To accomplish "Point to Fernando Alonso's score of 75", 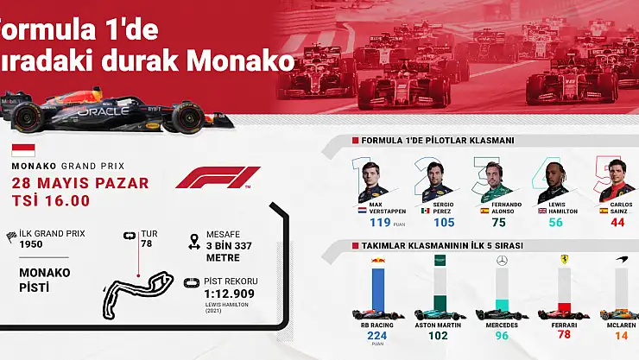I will pos(498,223).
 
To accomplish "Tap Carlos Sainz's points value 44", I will pos(617,223).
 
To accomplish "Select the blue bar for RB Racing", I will pos(377,289).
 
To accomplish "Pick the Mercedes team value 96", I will pos(501,336).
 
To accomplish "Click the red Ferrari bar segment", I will pos(564,307).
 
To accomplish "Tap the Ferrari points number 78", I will pos(565,335).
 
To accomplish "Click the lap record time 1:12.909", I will pos(231,294).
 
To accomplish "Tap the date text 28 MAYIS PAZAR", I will pos(79,183).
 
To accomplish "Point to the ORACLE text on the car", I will pos(103,111).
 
